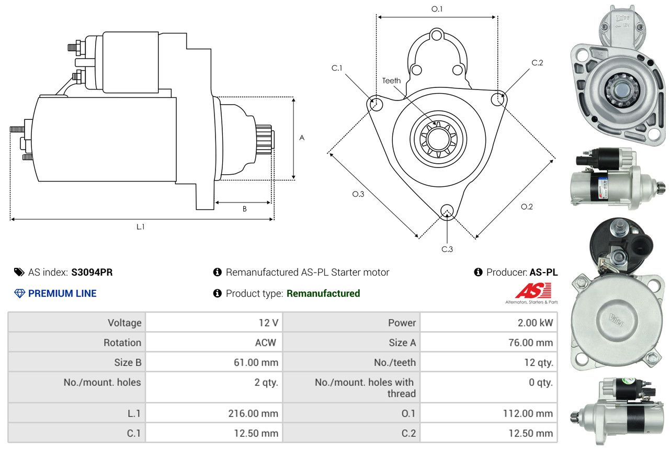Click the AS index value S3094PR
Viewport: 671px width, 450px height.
tap(92, 272)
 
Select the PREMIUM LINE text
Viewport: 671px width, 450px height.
tap(62, 293)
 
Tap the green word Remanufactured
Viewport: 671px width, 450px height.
tap(323, 293)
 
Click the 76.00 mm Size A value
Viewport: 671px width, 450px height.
tap(530, 342)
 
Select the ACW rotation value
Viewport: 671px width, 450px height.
tap(265, 342)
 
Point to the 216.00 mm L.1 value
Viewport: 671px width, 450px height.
tap(253, 413)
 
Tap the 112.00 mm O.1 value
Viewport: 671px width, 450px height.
tap(528, 413)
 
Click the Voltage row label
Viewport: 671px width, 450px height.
tap(124, 322)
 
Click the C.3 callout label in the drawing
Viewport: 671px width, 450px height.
tap(447, 249)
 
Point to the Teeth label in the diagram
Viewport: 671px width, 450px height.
tap(391, 81)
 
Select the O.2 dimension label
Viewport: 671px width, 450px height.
tap(527, 207)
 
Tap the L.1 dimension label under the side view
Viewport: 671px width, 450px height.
tap(141, 227)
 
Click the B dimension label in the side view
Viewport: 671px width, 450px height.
tap(245, 209)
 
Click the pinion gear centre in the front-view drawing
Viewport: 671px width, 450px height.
tap(438, 139)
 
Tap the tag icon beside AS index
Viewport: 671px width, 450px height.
tap(19, 272)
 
